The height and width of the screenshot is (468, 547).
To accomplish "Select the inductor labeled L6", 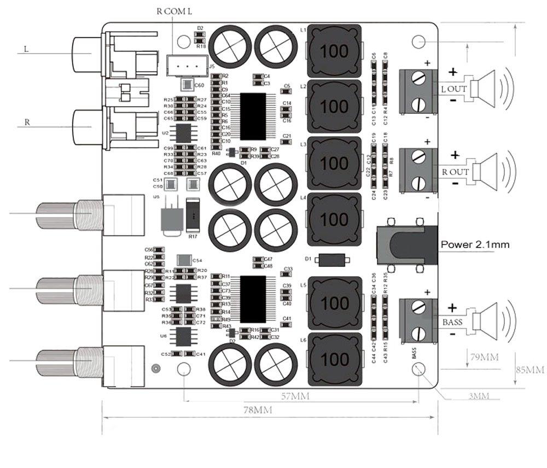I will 335,359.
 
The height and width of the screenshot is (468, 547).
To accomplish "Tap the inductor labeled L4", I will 335,219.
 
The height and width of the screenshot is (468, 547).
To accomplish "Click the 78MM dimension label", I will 257,409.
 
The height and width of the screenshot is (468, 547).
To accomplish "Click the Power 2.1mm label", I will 475,244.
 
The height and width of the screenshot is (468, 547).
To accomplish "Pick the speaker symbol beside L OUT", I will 488,88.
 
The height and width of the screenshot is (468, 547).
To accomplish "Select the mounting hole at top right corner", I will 418,42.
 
